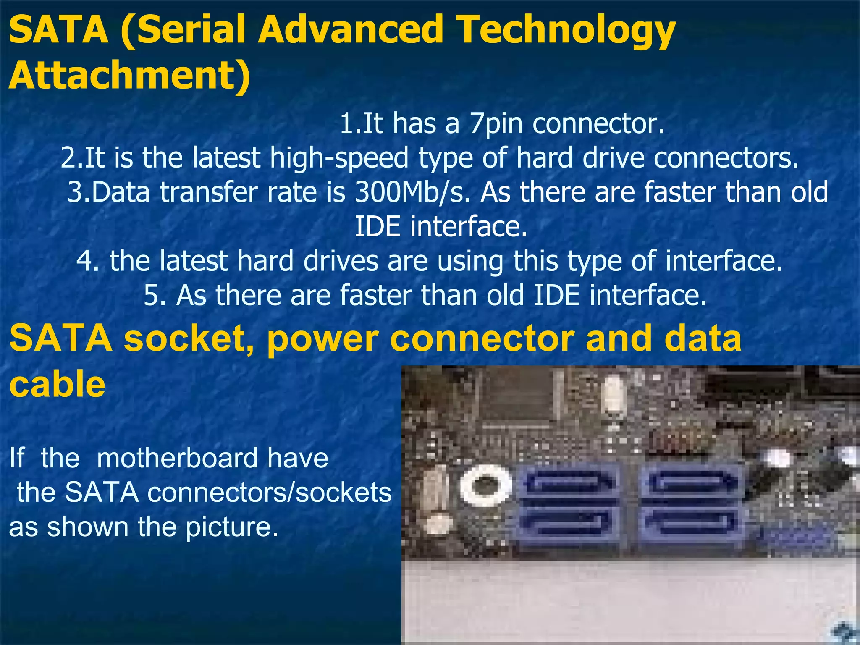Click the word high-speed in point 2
pyautogui.click(x=339, y=158)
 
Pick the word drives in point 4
pyautogui.click(x=341, y=261)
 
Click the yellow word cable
pyautogui.click(x=57, y=385)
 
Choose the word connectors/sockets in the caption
pyautogui.click(x=269, y=492)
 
